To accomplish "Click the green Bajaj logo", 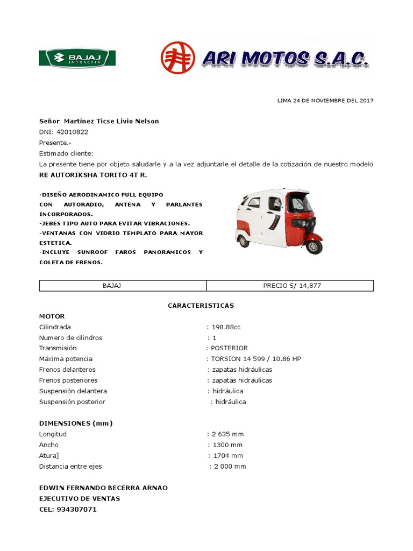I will [x=77, y=58].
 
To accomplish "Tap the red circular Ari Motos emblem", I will [x=178, y=58].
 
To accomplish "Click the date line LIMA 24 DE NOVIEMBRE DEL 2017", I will [x=325, y=101].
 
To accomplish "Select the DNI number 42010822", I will [x=72, y=132].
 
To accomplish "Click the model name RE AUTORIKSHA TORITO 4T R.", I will [x=92, y=175].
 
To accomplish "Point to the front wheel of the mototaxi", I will [x=314, y=246].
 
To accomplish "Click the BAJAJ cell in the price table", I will [x=112, y=286].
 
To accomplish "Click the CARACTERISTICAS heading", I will [x=201, y=305].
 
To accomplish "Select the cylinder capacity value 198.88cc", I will [x=227, y=327].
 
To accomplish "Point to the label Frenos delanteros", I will [x=67, y=370].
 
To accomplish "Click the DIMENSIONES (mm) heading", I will [x=76, y=423].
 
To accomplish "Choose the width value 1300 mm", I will [x=227, y=445].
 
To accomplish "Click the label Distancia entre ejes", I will [x=70, y=467].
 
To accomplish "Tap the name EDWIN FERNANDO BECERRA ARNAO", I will [x=103, y=488].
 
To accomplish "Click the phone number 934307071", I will [x=76, y=510].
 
